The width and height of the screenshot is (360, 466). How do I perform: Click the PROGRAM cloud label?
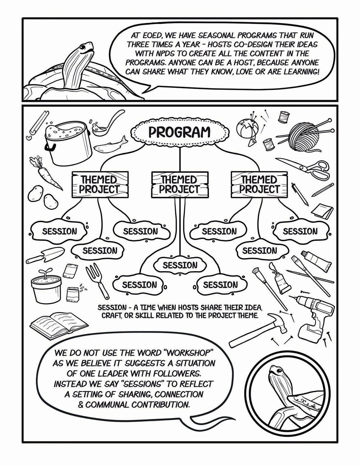click(x=180, y=132)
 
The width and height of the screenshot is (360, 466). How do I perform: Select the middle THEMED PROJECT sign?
click(x=180, y=184)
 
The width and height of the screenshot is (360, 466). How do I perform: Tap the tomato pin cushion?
click(x=247, y=127)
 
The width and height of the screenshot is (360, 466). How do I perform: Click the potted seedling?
click(x=46, y=287)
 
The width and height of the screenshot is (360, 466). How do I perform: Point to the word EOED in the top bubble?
click(x=149, y=36)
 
